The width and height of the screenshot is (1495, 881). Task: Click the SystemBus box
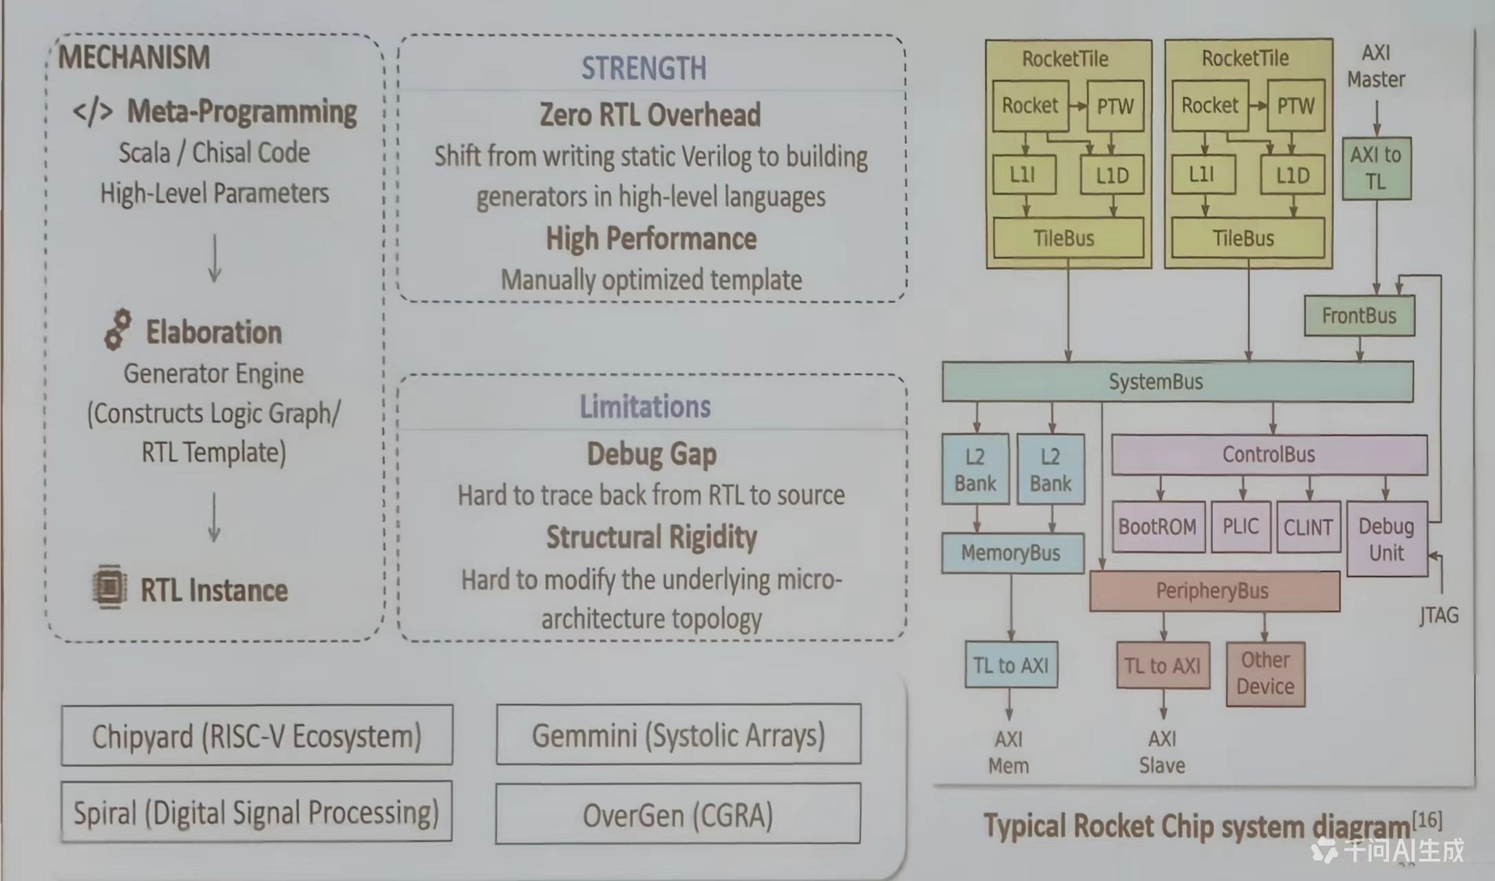tap(1177, 382)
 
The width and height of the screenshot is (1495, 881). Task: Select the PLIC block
tap(1240, 527)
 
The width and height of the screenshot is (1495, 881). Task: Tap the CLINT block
tap(1308, 527)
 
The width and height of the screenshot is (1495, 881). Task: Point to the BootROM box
tap(1158, 527)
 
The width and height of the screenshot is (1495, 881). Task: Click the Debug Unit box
tap(1386, 539)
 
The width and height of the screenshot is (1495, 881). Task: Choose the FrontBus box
tap(1359, 316)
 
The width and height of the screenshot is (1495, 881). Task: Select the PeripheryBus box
tap(1213, 591)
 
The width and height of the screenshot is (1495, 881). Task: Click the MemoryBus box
tap(1011, 553)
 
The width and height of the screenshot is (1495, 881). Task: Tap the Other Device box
tap(1265, 674)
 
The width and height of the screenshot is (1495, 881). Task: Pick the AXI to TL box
tap(1376, 169)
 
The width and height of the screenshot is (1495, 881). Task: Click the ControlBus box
tap(1269, 454)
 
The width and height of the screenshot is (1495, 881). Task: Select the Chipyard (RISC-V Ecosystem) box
tap(257, 736)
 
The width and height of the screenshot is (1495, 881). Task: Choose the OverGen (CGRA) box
tap(678, 815)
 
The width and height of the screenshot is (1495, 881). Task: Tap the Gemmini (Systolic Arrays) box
tap(678, 735)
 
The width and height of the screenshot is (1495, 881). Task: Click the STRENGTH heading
tap(644, 68)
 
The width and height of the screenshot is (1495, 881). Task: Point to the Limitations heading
tap(645, 407)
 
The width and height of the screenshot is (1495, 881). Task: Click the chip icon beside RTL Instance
tap(109, 587)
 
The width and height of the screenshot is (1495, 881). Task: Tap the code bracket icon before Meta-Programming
tap(93, 112)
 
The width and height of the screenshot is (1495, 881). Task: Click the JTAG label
tap(1439, 615)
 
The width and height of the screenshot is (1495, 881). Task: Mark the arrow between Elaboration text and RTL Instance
tap(214, 518)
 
